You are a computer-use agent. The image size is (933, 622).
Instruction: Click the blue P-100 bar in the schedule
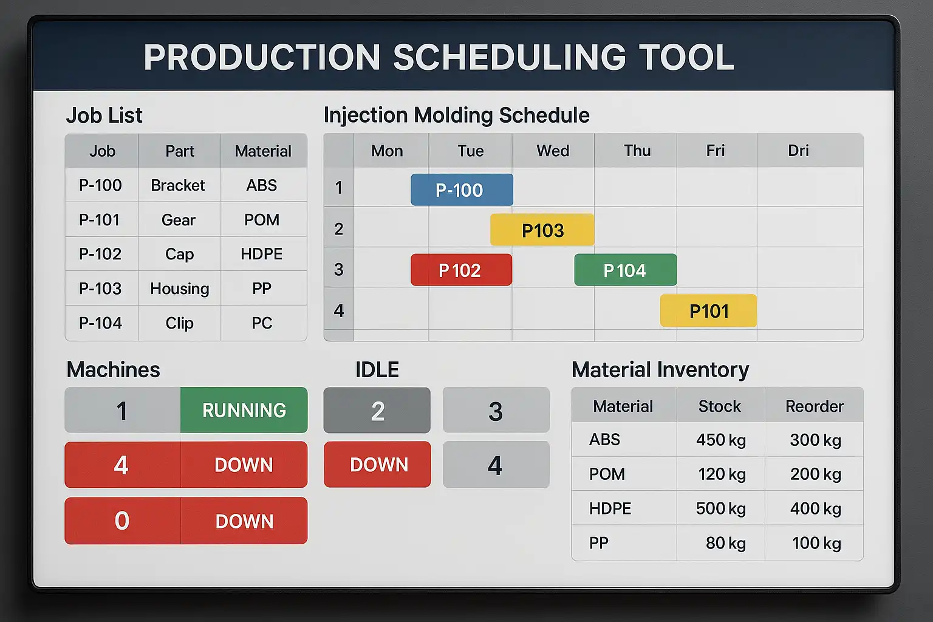[x=462, y=190]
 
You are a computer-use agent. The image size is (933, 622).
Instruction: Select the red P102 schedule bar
[x=461, y=270]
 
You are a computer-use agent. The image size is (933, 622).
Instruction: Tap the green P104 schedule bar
[x=625, y=270]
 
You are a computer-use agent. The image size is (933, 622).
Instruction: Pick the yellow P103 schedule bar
[x=542, y=230]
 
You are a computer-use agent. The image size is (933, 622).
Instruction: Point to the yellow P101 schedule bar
[x=708, y=311]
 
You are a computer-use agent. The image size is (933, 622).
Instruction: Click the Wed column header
[x=553, y=151]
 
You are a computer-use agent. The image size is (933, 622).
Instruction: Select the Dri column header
[x=798, y=151]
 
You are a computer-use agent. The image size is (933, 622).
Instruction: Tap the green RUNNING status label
[x=244, y=411]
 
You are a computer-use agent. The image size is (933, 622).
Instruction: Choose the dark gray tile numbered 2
[x=377, y=411]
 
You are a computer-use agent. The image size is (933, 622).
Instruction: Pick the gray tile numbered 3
[x=496, y=411]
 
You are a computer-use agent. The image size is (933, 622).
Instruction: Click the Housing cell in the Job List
[x=180, y=289]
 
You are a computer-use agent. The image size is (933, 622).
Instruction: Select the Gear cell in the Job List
[x=178, y=219]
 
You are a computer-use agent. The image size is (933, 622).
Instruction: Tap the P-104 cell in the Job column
[x=100, y=323]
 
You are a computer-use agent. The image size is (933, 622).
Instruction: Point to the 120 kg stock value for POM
[x=722, y=474]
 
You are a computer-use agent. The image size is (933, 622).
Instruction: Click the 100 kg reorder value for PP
[x=816, y=543]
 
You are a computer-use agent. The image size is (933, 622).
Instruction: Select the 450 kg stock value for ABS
[x=721, y=440]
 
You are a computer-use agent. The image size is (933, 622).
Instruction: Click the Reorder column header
[x=815, y=406]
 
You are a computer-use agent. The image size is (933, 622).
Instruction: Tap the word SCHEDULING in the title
[x=510, y=57]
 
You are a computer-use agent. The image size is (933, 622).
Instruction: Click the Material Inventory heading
[x=660, y=369]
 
